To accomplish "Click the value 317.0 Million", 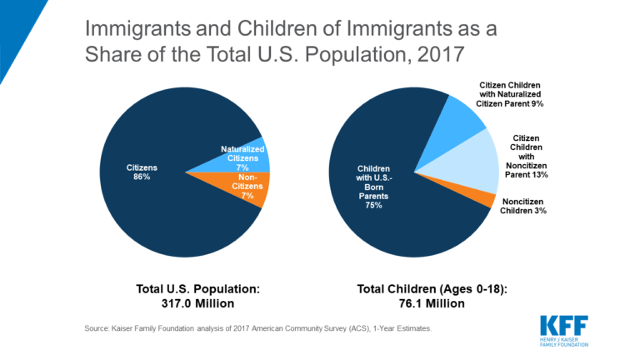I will pyautogui.click(x=198, y=303).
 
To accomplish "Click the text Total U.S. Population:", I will pyautogui.click(x=198, y=288).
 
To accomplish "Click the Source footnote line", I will pyautogui.click(x=258, y=329).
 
